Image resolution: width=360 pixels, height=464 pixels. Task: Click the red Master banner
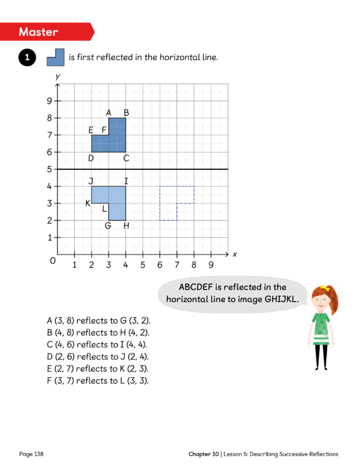pos(46,31)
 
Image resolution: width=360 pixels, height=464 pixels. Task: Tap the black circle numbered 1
pos(26,58)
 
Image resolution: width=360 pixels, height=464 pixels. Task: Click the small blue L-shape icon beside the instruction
pos(55,57)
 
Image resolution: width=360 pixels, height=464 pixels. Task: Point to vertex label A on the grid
pos(109,113)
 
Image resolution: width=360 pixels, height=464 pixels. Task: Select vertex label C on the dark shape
pos(126,158)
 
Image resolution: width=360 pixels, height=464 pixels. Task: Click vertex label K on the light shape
pos(88,203)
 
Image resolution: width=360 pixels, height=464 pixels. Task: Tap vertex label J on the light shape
pos(91,181)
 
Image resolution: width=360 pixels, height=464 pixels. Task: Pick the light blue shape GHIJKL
pos(112,199)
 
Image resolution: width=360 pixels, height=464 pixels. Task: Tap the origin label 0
pos(53,261)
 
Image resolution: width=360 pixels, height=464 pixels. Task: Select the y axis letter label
pos(58,75)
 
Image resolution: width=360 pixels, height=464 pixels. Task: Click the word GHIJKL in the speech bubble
pos(282,299)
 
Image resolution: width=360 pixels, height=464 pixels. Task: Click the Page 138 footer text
pos(32,454)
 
